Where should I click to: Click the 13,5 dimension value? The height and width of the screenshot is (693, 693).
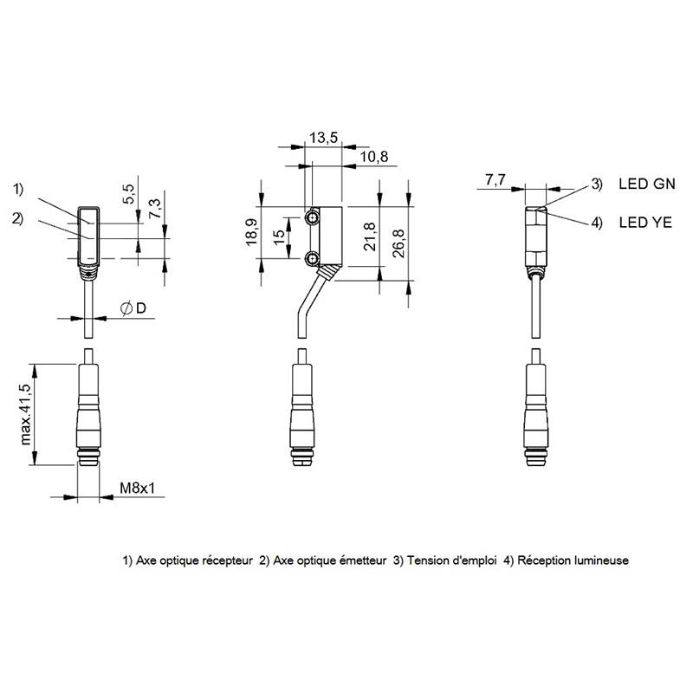(323, 138)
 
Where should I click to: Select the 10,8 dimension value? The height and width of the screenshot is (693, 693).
(374, 157)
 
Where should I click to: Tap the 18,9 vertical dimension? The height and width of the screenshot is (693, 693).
(252, 232)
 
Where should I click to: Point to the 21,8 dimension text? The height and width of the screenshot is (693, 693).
(370, 236)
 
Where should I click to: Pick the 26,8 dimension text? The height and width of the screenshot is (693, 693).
(398, 243)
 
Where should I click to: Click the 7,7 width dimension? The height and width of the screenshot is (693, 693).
(495, 180)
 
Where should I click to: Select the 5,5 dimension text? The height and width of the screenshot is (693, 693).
(128, 193)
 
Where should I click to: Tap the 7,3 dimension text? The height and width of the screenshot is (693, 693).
(155, 209)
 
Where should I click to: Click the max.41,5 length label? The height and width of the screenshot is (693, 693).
(26, 414)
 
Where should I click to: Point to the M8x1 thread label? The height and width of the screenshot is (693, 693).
(138, 488)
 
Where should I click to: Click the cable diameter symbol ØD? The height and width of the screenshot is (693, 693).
(133, 308)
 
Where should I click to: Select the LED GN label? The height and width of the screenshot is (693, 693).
(647, 184)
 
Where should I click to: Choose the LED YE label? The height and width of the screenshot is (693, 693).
(645, 223)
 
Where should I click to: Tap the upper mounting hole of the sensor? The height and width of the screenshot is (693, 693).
(313, 217)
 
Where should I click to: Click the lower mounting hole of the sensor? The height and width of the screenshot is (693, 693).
(313, 258)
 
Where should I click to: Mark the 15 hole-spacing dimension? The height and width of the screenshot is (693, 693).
(279, 237)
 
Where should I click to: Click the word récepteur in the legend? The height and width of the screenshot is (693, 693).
(227, 560)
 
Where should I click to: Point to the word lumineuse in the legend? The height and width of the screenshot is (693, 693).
(601, 560)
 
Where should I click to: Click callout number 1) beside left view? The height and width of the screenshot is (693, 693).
(17, 189)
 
